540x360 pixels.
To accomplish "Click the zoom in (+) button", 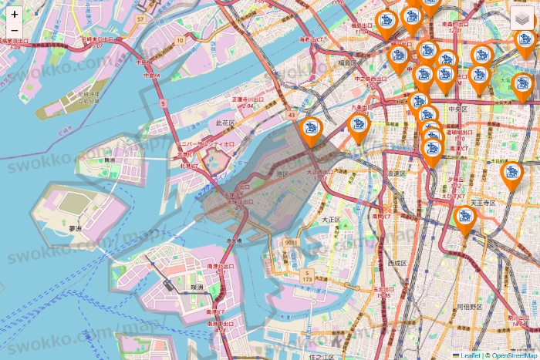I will pyautogui.click(x=15, y=14).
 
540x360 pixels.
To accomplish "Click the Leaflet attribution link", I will pyautogui.click(x=471, y=355).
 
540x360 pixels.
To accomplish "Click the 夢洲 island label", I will pyautogui.click(x=75, y=229).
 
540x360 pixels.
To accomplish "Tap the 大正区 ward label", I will pyautogui.click(x=331, y=220).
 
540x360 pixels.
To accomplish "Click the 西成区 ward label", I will pyautogui.click(x=397, y=263).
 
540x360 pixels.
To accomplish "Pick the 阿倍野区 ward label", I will pyautogui.click(x=469, y=306).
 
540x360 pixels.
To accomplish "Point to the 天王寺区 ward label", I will pyautogui.click(x=482, y=202).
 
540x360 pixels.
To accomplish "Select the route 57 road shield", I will pyautogui.click(x=140, y=18).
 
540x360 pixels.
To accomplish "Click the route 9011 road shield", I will pyautogui.click(x=290, y=243).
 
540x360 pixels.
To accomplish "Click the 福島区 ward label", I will pyautogui.click(x=346, y=62).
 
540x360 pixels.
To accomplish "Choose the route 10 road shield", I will pyautogui.click(x=180, y=40).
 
